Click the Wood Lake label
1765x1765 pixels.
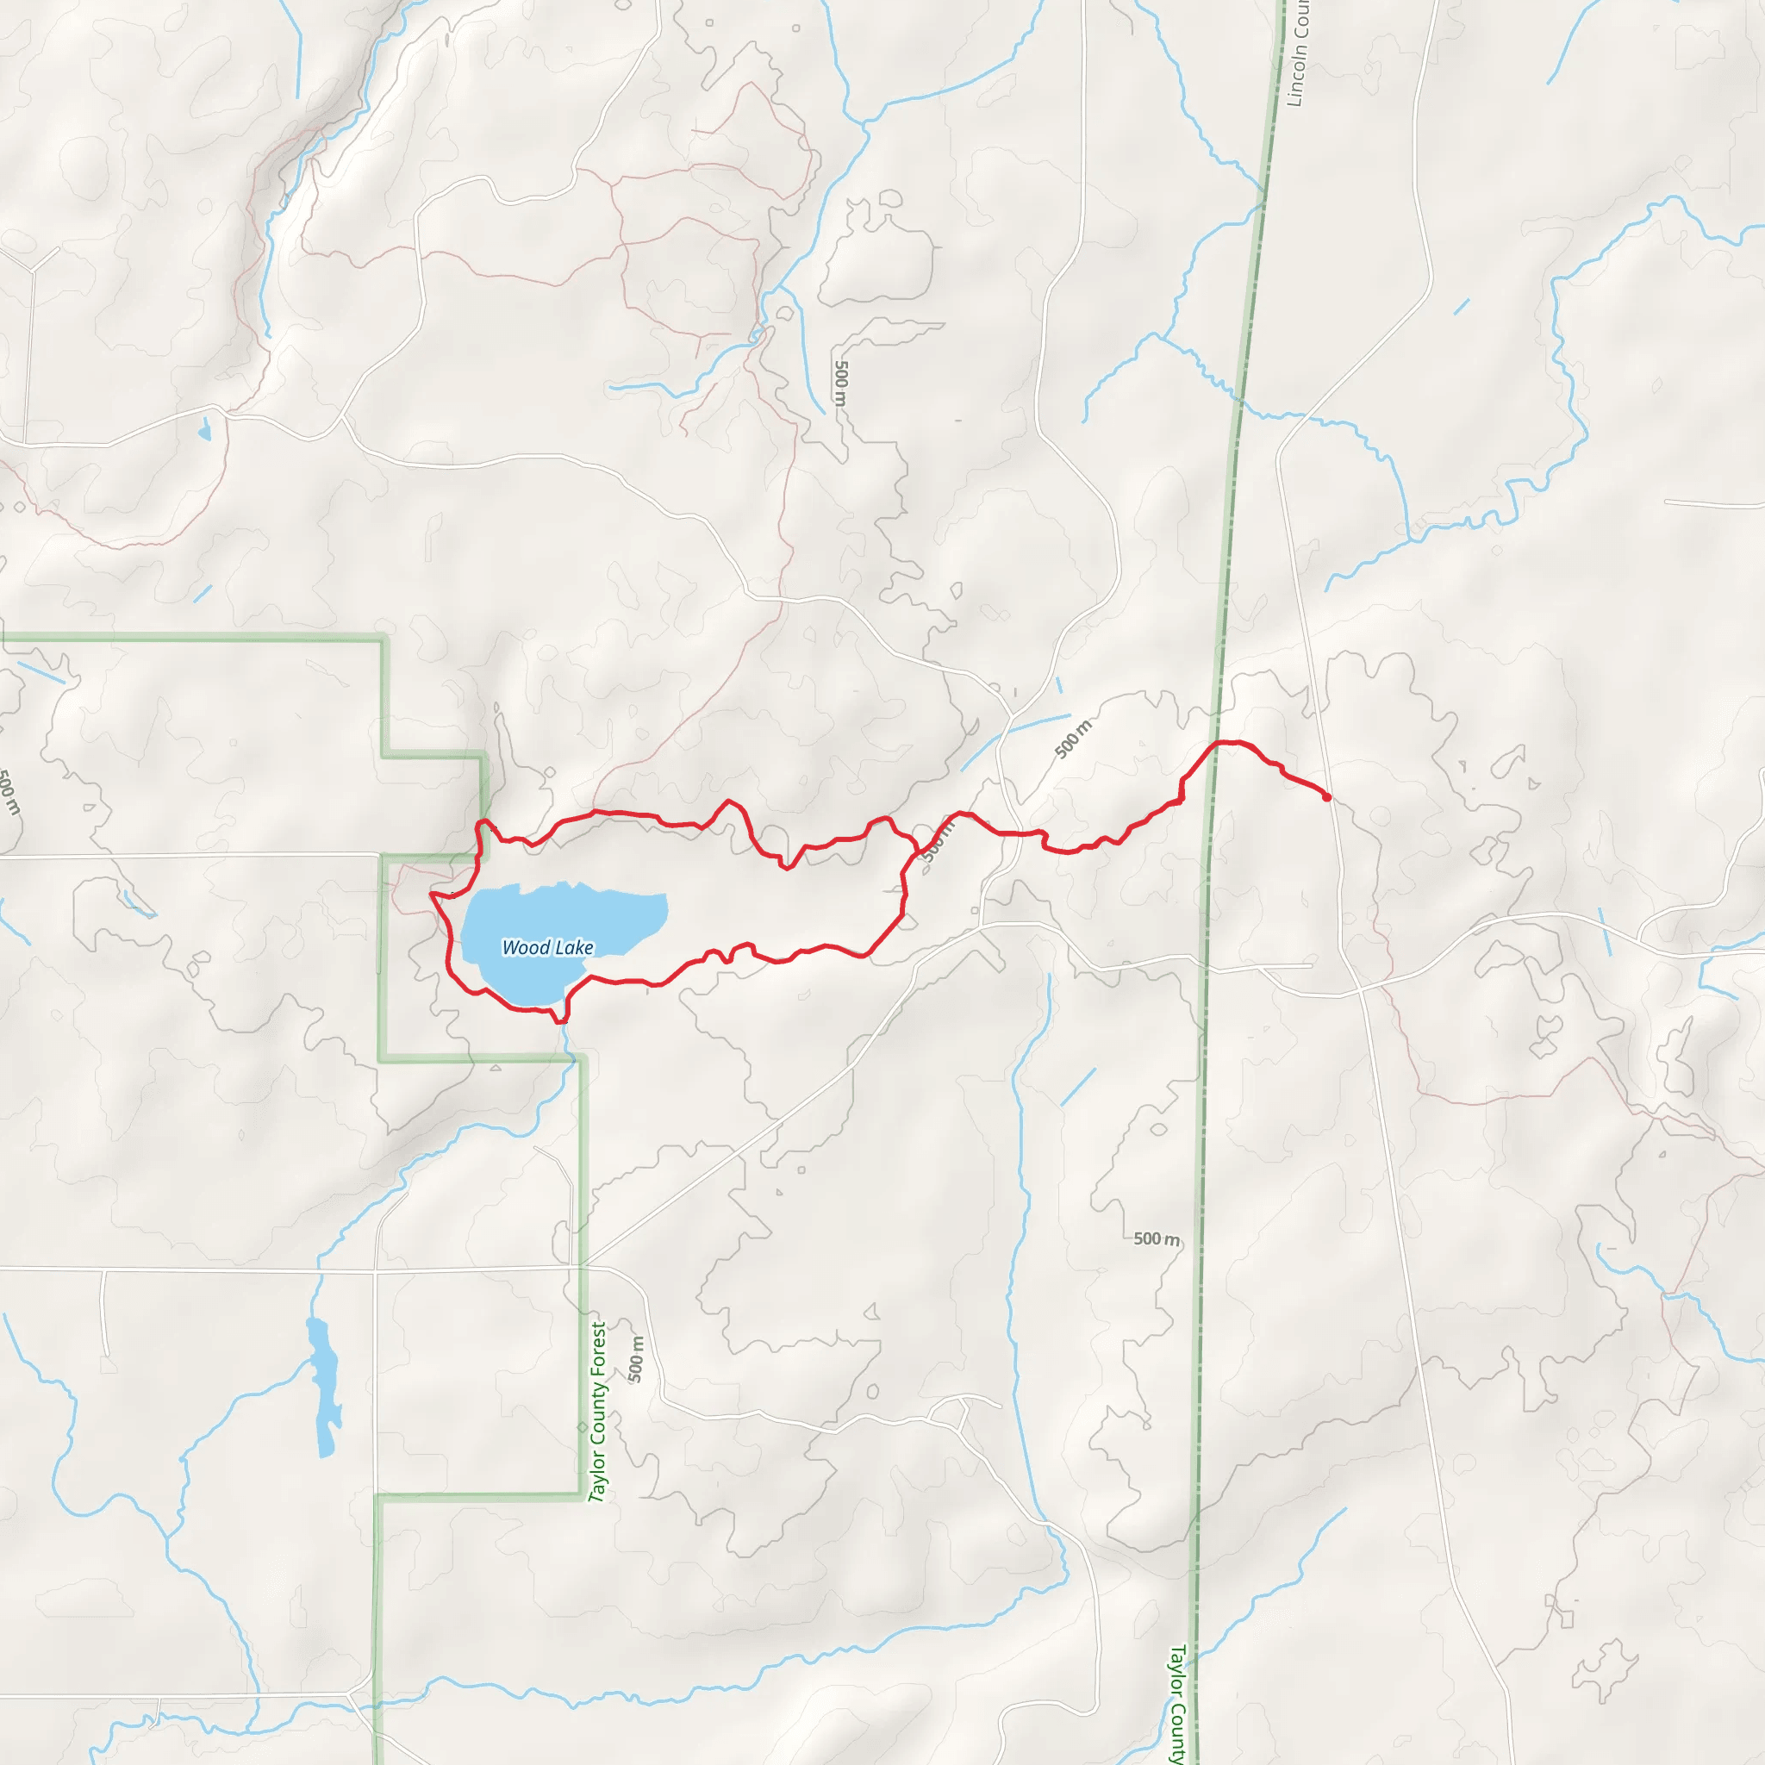pyautogui.click(x=547, y=947)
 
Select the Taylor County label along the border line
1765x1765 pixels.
pyautogui.click(x=1177, y=1705)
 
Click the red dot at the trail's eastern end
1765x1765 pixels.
pyautogui.click(x=1326, y=797)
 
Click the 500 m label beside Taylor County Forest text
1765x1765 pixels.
pyautogui.click(x=637, y=1358)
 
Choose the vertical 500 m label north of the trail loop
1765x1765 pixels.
pyautogui.click(x=840, y=384)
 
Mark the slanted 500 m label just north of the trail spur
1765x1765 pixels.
pyautogui.click(x=1074, y=739)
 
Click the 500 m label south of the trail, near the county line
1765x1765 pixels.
pyautogui.click(x=1156, y=1238)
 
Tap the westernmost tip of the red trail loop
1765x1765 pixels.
pyautogui.click(x=431, y=895)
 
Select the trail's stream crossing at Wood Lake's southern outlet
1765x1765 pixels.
pyautogui.click(x=564, y=1016)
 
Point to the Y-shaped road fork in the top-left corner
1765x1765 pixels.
pyautogui.click(x=33, y=271)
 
